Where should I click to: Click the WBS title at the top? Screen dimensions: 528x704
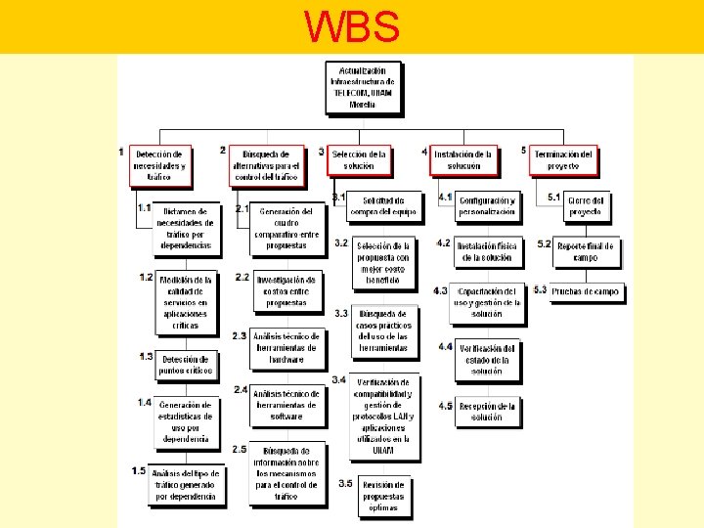(352, 26)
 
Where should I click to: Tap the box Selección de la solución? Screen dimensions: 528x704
(359, 160)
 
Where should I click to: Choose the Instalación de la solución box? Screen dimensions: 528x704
(463, 160)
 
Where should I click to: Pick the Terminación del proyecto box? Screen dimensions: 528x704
(563, 160)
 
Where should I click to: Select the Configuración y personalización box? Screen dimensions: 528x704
(486, 205)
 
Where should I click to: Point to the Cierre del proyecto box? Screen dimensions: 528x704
(585, 205)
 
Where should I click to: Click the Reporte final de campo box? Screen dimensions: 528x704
(585, 251)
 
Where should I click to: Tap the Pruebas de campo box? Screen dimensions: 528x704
(585, 291)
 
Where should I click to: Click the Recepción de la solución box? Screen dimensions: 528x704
(486, 411)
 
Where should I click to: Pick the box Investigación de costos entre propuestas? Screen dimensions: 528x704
(286, 291)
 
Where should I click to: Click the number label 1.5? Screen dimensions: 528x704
(139, 471)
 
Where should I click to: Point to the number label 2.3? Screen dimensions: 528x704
(240, 336)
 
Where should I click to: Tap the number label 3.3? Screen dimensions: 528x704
(341, 314)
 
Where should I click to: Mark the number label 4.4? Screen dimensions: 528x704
(445, 347)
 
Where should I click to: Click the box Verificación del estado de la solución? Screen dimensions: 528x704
(486, 360)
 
